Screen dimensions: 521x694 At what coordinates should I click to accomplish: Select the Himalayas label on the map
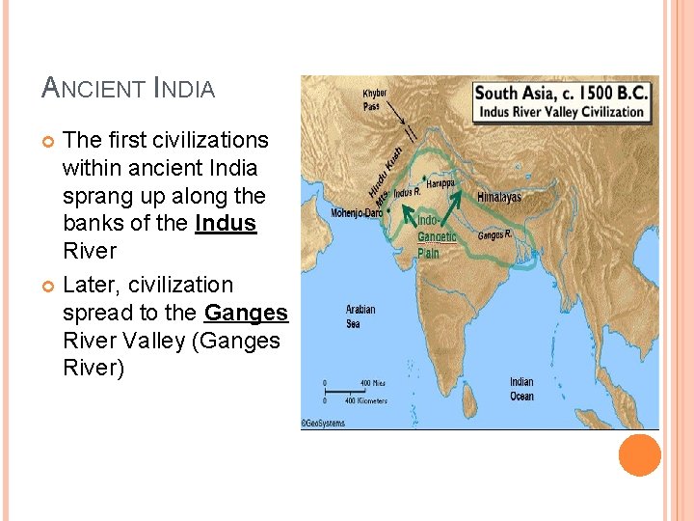[498, 197]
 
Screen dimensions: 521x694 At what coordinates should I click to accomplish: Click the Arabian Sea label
[361, 316]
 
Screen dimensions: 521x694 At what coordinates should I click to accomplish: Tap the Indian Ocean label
[521, 389]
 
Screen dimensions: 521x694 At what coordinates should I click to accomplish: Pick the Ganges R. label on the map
[494, 234]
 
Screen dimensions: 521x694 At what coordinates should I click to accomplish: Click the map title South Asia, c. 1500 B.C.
[562, 94]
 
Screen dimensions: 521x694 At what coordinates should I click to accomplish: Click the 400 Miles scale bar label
[372, 383]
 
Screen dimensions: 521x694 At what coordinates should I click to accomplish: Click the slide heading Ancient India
[128, 89]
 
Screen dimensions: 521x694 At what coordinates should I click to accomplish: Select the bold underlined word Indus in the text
[226, 224]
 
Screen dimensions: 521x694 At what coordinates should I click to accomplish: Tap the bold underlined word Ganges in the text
[246, 313]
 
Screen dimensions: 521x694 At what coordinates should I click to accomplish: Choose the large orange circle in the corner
[639, 455]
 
